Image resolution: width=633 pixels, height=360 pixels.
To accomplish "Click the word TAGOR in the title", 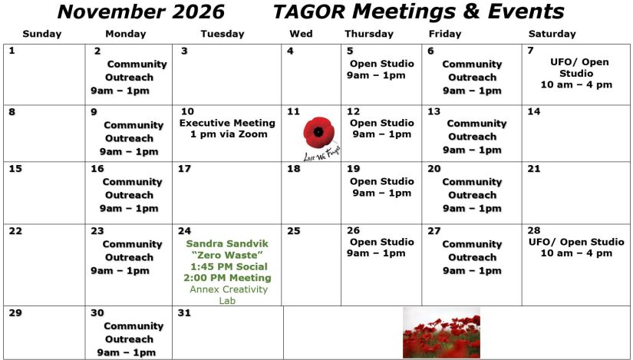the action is point(309,12).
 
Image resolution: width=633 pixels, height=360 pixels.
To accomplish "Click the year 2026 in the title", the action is point(198,12).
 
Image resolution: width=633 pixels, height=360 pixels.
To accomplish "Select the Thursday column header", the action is point(369,34).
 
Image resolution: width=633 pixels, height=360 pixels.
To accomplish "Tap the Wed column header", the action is point(301,34).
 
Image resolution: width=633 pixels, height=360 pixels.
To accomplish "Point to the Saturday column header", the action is point(552,34).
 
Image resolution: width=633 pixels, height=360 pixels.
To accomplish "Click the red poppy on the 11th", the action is point(319,132).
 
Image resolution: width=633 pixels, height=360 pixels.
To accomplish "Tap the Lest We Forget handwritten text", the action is point(321,154).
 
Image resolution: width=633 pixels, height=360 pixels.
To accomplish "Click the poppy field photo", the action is point(442,333).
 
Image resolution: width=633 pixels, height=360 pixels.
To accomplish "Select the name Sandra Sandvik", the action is point(227,243).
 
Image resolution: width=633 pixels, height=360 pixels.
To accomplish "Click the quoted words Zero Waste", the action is point(227,255).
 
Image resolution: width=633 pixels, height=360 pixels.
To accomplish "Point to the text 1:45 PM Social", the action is point(229,266).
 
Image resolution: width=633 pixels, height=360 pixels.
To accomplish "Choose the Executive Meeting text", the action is point(227,123).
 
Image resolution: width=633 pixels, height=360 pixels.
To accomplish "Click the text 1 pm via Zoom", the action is point(229,134).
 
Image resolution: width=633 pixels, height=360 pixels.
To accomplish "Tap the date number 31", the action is point(184,312).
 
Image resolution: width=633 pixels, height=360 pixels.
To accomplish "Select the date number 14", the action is point(534,111).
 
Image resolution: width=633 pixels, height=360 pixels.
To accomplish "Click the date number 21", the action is point(534,169).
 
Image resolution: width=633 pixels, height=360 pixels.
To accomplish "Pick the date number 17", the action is point(184,169).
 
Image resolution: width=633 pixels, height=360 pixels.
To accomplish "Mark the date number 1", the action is point(12,51).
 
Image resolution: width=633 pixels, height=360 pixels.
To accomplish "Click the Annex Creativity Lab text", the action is point(229,295).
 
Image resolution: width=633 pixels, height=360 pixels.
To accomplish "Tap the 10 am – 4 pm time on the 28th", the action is point(576,253).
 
